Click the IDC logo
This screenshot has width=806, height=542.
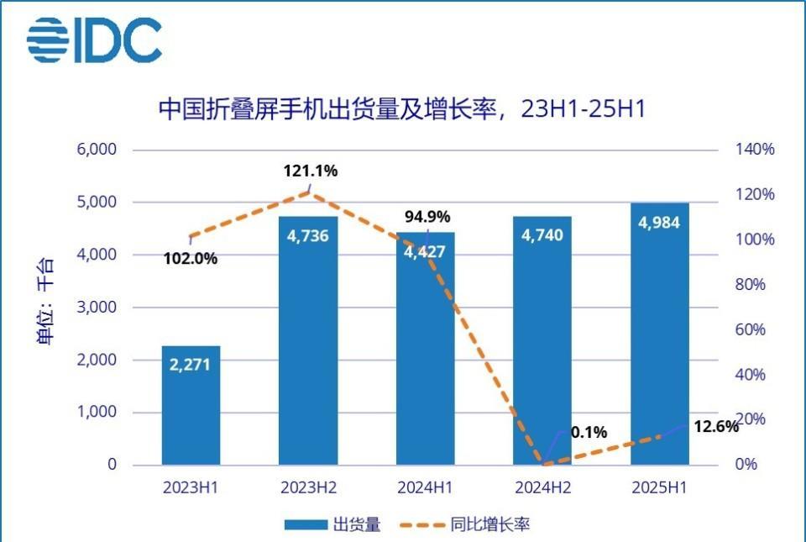(x=94, y=39)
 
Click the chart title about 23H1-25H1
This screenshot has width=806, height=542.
(x=402, y=108)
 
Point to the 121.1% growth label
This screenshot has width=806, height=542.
(x=310, y=171)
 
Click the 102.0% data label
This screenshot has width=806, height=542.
(x=190, y=259)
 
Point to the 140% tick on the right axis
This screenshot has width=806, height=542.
(x=756, y=150)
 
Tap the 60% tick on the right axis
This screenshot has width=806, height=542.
(x=751, y=329)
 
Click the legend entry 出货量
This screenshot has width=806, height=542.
(x=332, y=525)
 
